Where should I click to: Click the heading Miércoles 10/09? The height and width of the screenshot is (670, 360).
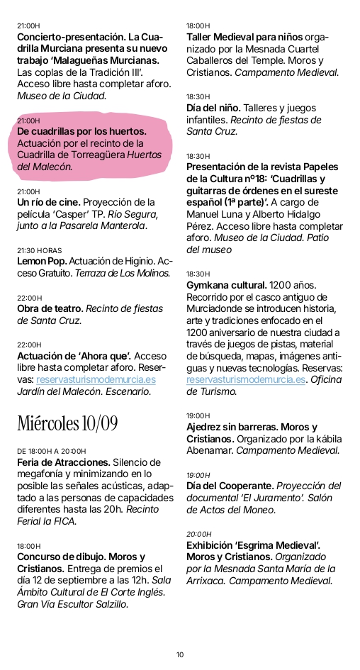(x=67, y=423)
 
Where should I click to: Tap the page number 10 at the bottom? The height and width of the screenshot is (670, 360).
(x=180, y=654)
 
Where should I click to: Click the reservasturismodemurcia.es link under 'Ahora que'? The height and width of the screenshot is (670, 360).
(x=96, y=379)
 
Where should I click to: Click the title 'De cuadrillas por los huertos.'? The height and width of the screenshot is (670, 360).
(x=81, y=131)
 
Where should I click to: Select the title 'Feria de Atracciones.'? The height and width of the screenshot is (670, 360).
(x=63, y=462)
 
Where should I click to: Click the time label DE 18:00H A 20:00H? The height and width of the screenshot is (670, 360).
(x=51, y=451)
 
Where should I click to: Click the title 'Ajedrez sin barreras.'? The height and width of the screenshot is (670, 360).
(x=236, y=426)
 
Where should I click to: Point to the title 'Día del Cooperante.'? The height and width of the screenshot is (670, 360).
(x=230, y=486)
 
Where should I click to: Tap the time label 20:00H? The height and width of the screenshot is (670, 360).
(x=198, y=534)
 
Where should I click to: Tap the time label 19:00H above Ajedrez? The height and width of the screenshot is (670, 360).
(x=198, y=415)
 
